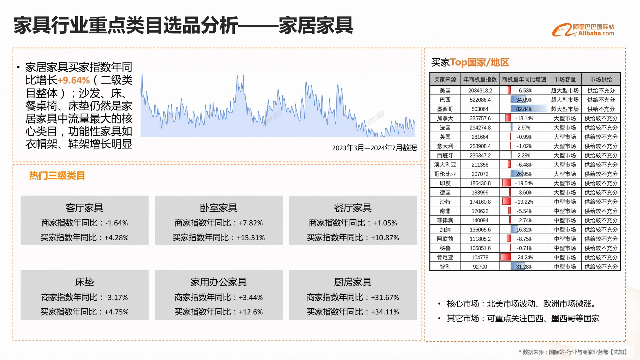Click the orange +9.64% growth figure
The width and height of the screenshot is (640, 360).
[74, 80]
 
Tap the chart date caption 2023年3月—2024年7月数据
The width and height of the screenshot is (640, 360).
[374, 148]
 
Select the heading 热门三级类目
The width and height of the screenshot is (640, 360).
[57, 176]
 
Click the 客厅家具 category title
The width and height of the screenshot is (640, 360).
[84, 208]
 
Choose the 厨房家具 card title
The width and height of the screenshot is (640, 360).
[353, 282]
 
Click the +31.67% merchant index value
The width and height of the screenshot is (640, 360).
[385, 297]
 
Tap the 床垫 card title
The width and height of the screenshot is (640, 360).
[84, 282]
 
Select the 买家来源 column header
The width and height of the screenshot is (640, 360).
[445, 79]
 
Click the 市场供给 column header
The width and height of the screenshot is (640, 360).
[601, 79]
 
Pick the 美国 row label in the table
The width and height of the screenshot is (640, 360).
[445, 90]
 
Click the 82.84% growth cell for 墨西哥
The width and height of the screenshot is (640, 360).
[524, 109]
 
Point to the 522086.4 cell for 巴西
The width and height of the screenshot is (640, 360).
[480, 100]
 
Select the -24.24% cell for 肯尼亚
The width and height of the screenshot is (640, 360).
[524, 257]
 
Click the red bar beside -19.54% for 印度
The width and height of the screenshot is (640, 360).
[506, 183]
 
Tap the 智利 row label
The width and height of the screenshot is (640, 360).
[445, 267]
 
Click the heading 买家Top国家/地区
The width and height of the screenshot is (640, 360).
[470, 62]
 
